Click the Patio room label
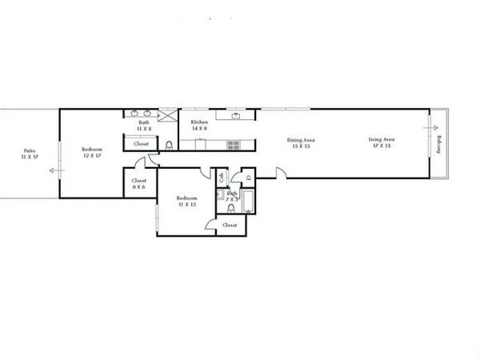[29, 153]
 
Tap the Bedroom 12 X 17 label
[91, 153]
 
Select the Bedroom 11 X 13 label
[186, 201]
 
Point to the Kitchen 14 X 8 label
[198, 126]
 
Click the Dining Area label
[299, 144]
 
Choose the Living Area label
[380, 144]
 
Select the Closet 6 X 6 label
[138, 183]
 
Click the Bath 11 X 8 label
[143, 125]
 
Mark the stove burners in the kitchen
[233, 146]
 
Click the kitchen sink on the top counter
[237, 115]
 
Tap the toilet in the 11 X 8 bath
[170, 145]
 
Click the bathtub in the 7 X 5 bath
[247, 202]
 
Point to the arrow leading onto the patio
[54, 170]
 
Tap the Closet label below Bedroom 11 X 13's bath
[230, 226]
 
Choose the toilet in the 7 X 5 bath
[230, 209]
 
